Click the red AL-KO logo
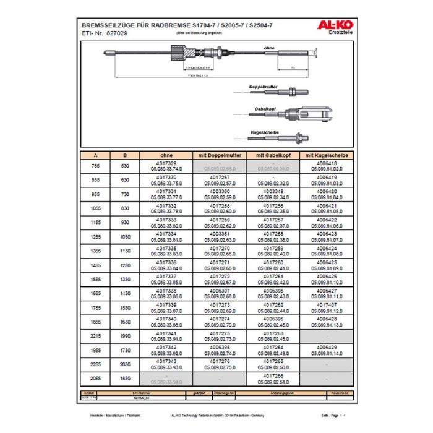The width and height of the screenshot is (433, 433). point(333,25)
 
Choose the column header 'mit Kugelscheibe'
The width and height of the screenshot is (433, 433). point(326,155)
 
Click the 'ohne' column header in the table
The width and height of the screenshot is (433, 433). point(166,155)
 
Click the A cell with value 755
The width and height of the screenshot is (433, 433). point(95,166)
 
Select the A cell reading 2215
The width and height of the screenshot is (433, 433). point(95,335)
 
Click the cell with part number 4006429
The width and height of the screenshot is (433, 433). point(326,349)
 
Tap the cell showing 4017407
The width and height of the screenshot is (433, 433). point(326,306)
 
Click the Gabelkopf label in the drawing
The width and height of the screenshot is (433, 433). point(265,108)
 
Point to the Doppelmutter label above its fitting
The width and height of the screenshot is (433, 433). point(264,86)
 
